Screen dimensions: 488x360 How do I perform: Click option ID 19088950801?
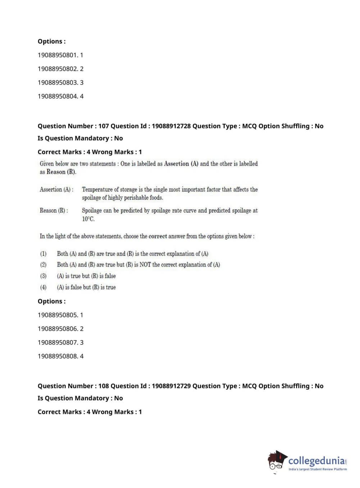[x=57, y=55]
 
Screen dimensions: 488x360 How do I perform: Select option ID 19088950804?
[x=57, y=96]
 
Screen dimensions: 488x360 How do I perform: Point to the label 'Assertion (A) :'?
[x=56, y=189]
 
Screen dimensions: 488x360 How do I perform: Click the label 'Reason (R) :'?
[x=54, y=211]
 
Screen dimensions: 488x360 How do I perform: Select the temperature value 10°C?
[x=88, y=219]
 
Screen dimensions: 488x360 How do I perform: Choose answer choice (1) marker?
[x=43, y=254]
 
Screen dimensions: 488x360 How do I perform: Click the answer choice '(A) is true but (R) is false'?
[x=86, y=276]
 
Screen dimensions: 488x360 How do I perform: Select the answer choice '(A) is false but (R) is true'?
[x=86, y=287]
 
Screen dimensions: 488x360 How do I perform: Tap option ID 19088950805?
[x=57, y=315]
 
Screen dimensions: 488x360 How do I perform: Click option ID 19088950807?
[x=57, y=342]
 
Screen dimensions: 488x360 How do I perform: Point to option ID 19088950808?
[x=57, y=356]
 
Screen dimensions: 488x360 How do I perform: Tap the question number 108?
[x=104, y=386]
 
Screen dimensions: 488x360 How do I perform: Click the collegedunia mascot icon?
[x=277, y=461]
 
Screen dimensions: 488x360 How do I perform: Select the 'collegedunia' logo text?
[x=316, y=460]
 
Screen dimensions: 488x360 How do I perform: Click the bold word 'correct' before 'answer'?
[x=158, y=236]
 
